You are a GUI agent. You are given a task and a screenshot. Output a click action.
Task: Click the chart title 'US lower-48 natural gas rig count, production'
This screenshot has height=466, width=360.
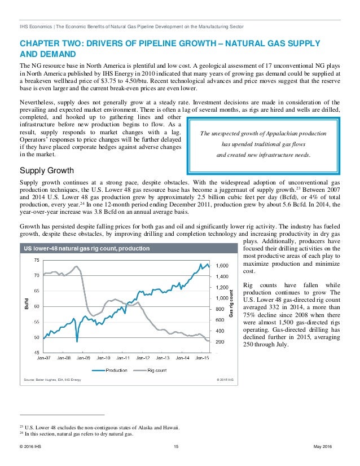click(86, 248)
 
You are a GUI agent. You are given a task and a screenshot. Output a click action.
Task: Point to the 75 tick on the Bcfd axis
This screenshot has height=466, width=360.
click(36, 260)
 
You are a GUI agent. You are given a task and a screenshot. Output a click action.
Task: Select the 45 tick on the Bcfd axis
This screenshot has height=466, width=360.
click(36, 353)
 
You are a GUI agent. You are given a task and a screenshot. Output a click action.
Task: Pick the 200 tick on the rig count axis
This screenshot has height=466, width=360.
click(219, 342)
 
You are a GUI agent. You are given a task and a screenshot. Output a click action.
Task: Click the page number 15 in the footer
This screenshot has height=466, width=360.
click(177, 447)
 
